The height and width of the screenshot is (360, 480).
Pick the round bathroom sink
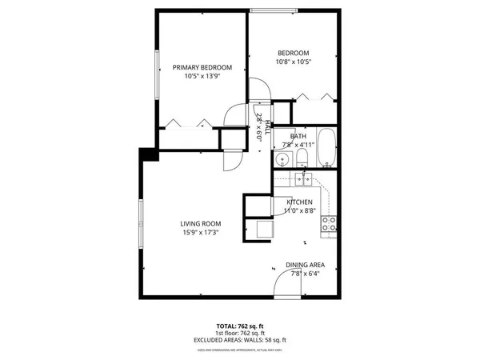click(280, 161)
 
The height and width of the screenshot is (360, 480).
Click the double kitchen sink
click(302, 178)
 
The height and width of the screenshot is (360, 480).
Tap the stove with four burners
click(329, 225)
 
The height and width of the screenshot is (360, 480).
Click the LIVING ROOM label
click(200, 224)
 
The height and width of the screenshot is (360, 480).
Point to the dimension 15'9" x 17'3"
click(200, 233)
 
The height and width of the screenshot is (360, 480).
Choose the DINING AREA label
click(305, 265)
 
